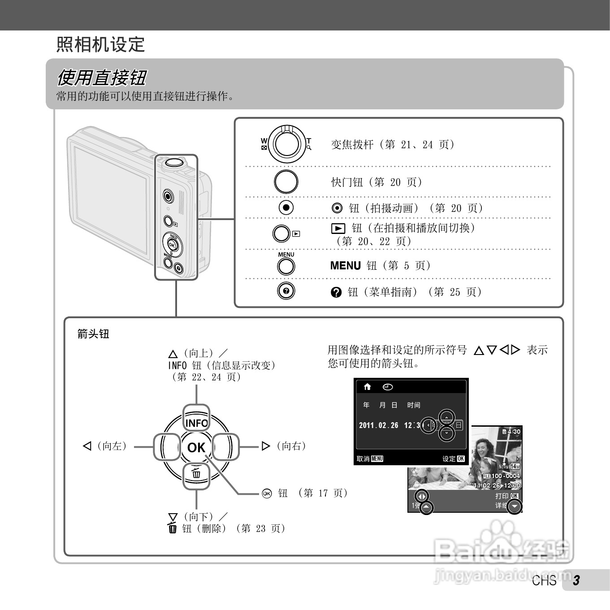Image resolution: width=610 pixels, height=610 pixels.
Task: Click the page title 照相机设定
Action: point(100,44)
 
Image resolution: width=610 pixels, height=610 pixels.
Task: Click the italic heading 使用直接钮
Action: point(101,78)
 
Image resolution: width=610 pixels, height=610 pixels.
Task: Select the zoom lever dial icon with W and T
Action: point(286,144)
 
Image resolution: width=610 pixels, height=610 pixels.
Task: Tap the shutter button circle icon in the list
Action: point(286,182)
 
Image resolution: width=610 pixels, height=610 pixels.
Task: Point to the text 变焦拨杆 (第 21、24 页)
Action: point(393,144)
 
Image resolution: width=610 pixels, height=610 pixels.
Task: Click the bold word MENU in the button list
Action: point(345,266)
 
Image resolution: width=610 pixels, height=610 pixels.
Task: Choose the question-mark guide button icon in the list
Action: point(286,291)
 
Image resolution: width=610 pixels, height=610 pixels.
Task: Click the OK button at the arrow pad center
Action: point(196,447)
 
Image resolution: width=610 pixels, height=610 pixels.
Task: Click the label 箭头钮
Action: point(93,334)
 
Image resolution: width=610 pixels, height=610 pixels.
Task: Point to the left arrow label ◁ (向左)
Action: point(105,446)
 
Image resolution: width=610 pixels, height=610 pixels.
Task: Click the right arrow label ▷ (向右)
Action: point(284,446)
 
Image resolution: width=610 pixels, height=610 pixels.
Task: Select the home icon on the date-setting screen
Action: point(368,387)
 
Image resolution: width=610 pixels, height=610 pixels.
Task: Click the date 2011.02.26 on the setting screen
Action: point(379,425)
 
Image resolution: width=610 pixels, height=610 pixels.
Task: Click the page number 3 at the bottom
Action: point(576,580)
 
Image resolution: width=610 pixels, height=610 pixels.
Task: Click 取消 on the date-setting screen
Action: point(363,459)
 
